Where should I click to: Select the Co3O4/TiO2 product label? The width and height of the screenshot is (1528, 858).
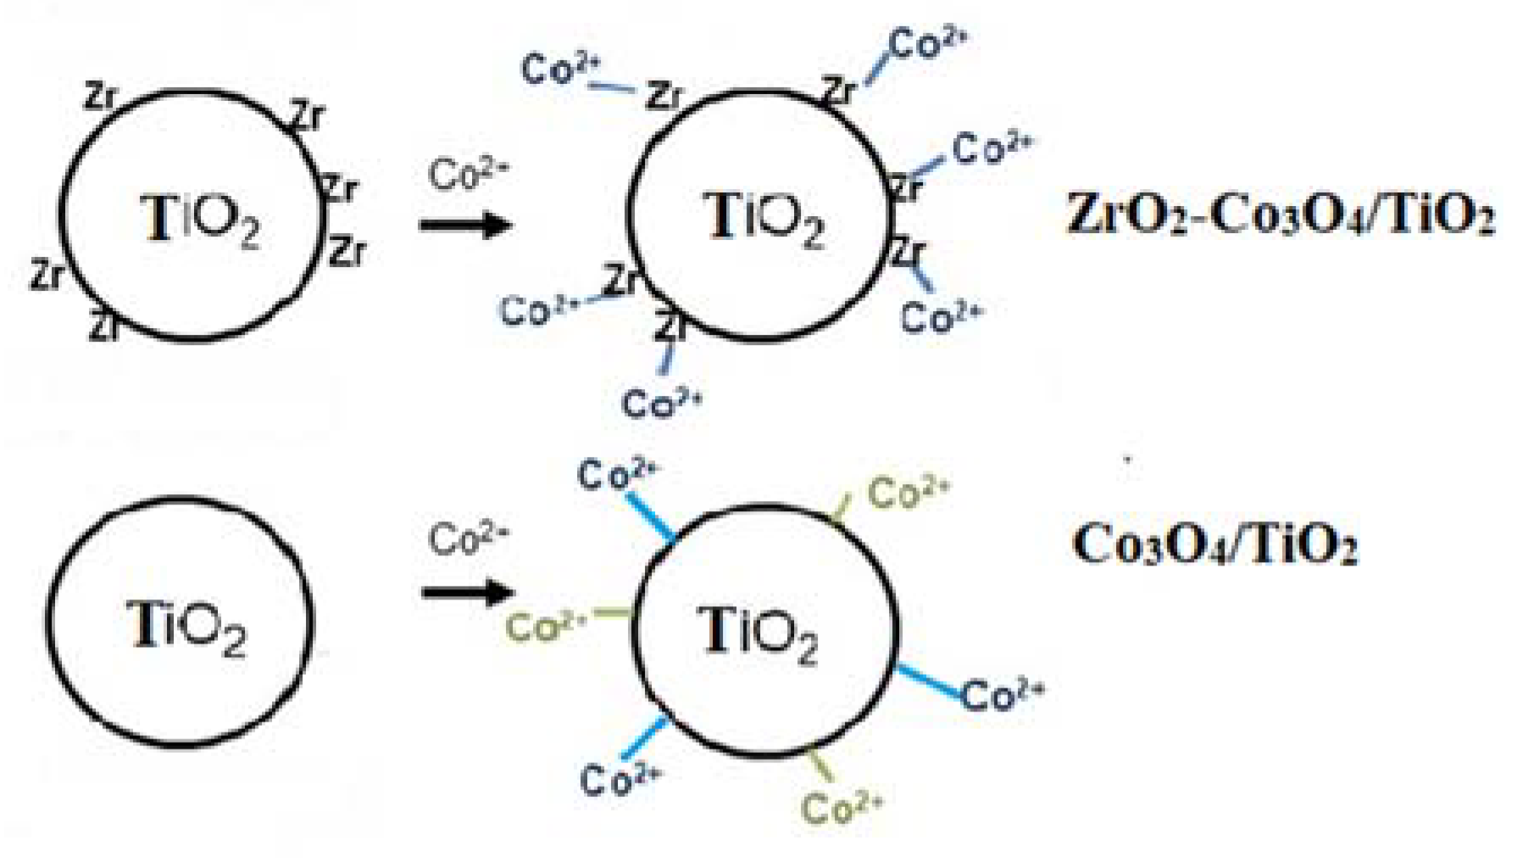coord(1214,543)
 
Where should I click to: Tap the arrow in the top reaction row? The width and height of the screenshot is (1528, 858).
coord(466,226)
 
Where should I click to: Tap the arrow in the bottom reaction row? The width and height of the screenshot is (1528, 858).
coord(468,591)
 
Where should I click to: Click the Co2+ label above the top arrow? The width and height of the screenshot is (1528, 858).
coord(467,175)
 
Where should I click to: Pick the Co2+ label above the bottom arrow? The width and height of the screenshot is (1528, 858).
coord(467,539)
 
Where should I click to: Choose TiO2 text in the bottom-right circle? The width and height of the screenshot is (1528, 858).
coord(758,636)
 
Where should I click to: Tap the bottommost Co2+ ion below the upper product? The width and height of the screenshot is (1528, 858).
coord(661,401)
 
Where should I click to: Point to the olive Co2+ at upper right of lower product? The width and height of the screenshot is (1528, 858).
coord(908,492)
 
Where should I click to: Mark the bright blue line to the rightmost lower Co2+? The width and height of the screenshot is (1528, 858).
coord(930,682)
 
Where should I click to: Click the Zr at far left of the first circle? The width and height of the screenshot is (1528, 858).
coord(46,273)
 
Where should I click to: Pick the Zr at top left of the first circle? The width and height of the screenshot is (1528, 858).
coord(99,98)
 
